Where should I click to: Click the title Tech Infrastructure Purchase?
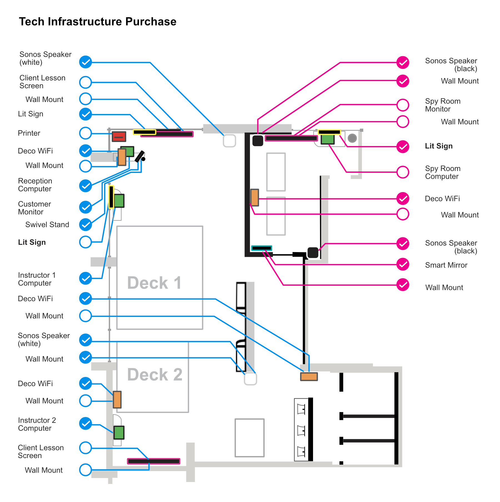click(97, 22)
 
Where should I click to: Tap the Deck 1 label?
click(154, 283)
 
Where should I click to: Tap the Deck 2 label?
click(155, 374)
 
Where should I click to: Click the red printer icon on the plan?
click(119, 136)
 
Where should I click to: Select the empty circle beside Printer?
click(85, 133)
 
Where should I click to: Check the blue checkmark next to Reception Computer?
click(85, 186)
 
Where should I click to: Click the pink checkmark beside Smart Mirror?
click(402, 264)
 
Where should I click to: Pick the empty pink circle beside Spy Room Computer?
click(402, 172)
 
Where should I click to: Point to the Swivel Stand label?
click(47, 225)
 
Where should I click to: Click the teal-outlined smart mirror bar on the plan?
click(261, 248)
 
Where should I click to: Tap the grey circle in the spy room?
click(352, 138)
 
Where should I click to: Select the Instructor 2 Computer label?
click(37, 424)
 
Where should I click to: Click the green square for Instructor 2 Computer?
click(119, 433)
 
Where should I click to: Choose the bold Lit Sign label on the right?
click(439, 146)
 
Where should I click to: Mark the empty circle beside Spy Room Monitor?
click(402, 105)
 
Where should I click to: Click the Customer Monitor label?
click(34, 208)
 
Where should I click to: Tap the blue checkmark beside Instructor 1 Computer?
click(85, 278)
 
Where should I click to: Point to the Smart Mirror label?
click(446, 265)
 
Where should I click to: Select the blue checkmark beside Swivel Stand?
click(85, 225)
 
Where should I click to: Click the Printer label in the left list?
click(29, 133)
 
